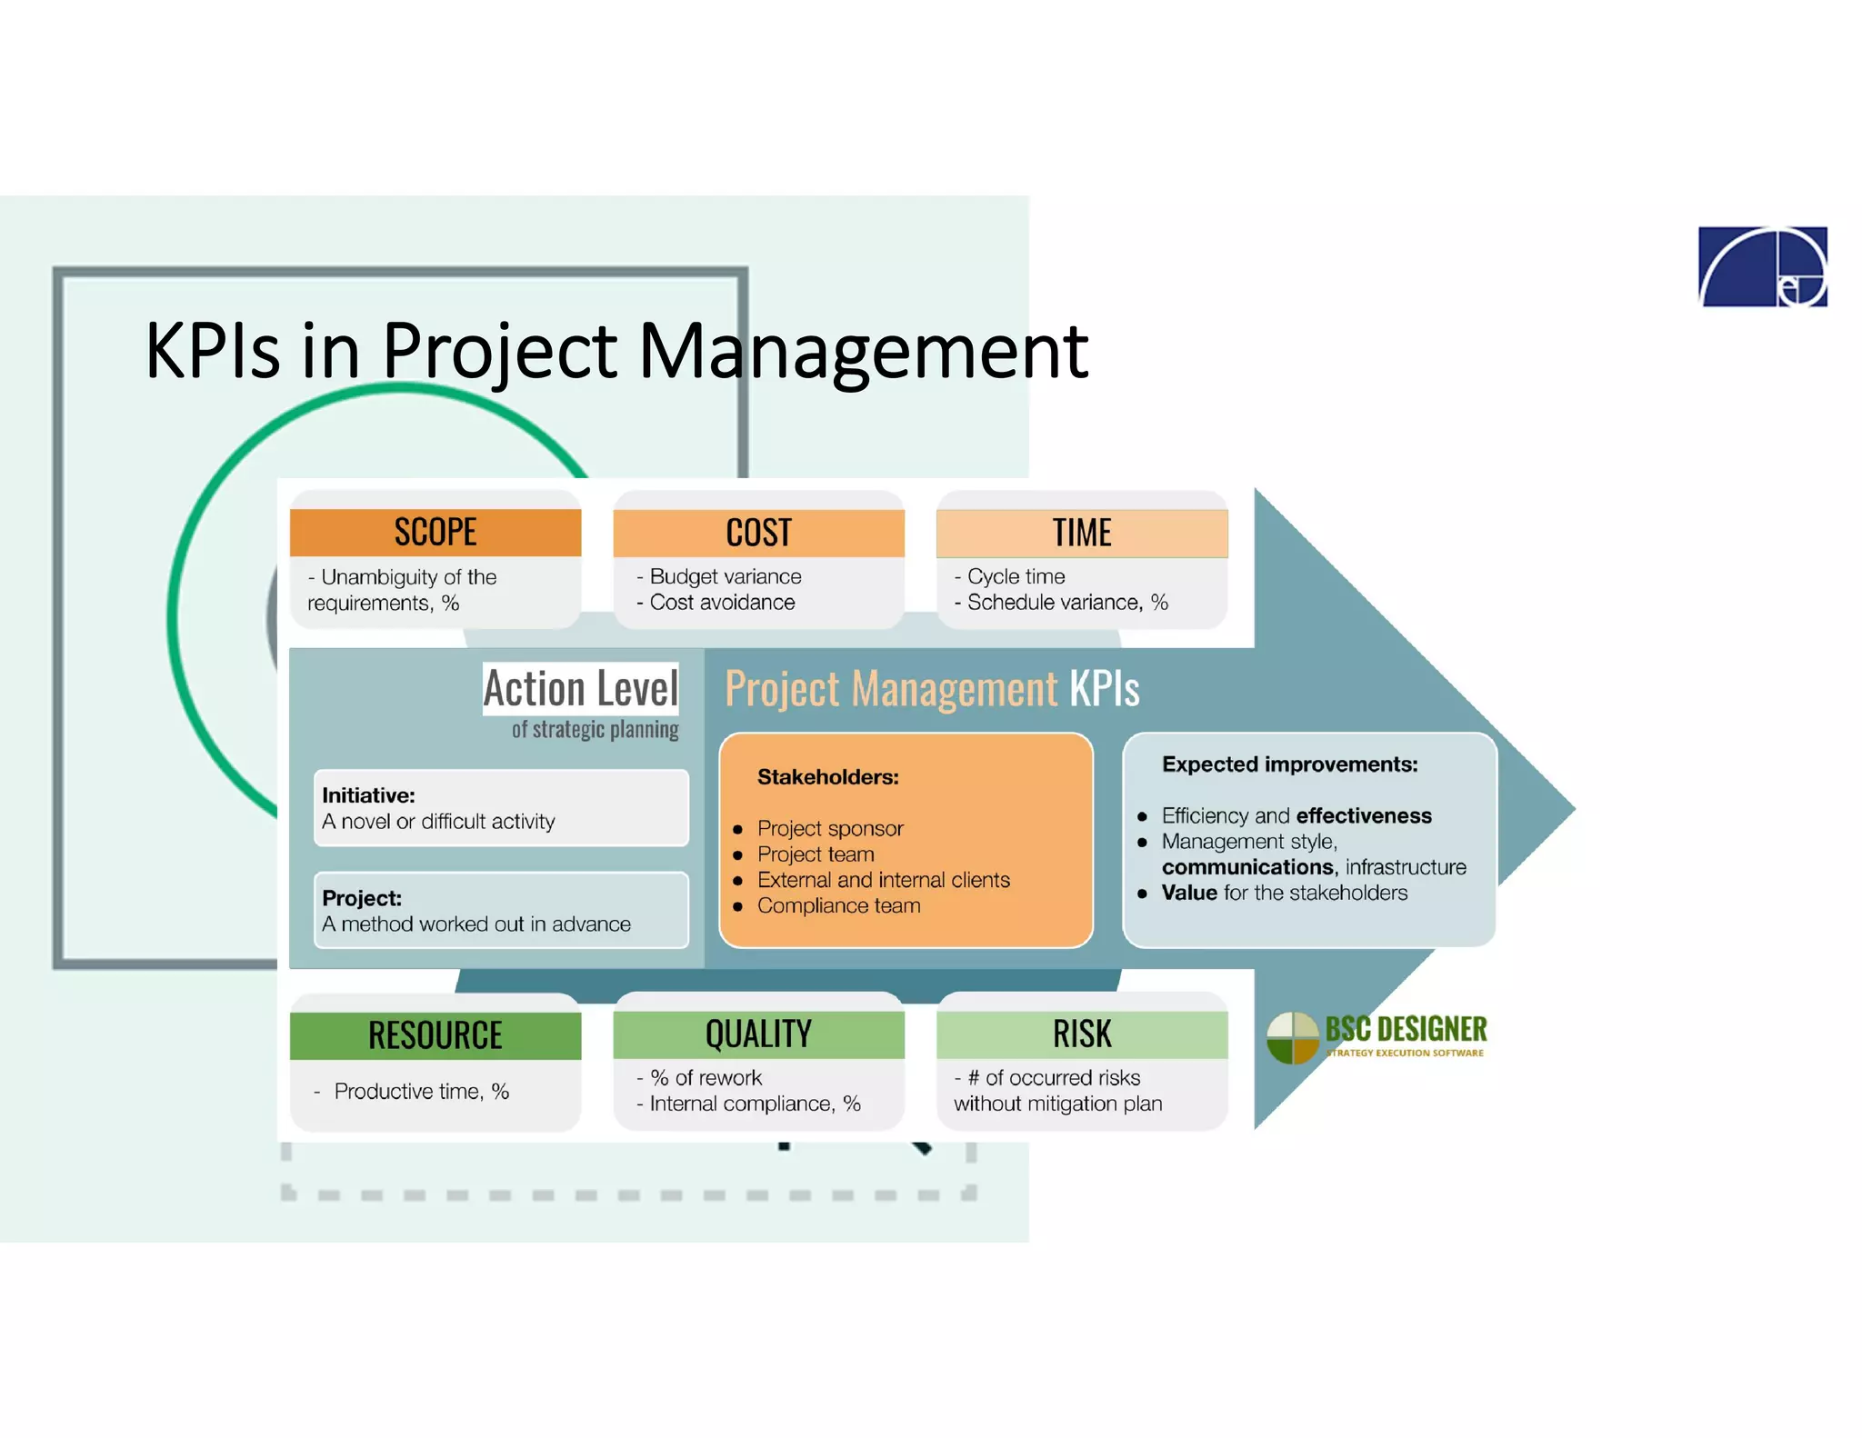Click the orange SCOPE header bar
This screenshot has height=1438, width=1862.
coord(435,532)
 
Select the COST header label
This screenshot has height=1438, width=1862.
coord(758,533)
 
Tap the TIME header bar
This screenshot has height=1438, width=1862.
coord(1081,533)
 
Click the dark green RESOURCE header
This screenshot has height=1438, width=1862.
coord(435,1035)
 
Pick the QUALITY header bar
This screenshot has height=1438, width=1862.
coord(758,1034)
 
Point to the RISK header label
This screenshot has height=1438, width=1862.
coord(1081,1034)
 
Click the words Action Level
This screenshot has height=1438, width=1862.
coord(580,688)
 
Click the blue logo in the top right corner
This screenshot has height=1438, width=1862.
coord(1762,266)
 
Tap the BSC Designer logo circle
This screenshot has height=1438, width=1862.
coord(1292,1037)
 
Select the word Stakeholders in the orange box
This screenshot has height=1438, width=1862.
coord(827,777)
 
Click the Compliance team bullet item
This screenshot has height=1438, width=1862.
coord(838,905)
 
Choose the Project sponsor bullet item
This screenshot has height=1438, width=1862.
coord(830,828)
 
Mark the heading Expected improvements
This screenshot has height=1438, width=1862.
coord(1289,764)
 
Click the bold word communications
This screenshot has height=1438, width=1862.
coord(1247,867)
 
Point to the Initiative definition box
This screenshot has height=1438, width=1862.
coord(500,808)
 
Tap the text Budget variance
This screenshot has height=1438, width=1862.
coord(725,576)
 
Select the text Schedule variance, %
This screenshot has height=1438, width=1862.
coord(1067,602)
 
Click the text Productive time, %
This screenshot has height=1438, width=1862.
coord(421,1091)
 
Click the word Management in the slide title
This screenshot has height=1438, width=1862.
coord(862,351)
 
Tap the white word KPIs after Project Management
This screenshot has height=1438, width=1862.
coord(1104,689)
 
